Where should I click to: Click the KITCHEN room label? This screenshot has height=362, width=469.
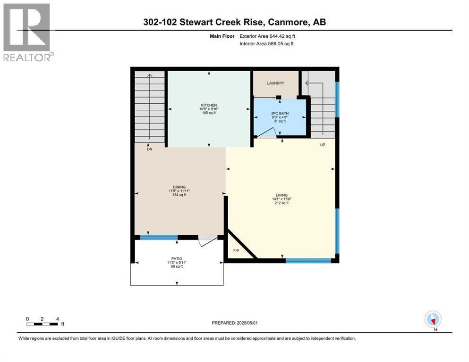pyautogui.click(x=209, y=105)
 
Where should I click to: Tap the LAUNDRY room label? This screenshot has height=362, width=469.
pyautogui.click(x=275, y=83)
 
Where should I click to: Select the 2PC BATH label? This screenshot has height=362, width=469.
pyautogui.click(x=280, y=114)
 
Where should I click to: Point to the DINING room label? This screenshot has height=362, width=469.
pyautogui.click(x=179, y=187)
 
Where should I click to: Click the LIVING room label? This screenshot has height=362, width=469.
pyautogui.click(x=281, y=195)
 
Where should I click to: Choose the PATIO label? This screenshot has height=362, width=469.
pyautogui.click(x=177, y=259)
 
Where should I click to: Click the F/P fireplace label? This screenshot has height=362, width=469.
pyautogui.click(x=236, y=251)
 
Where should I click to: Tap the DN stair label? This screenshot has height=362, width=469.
pyautogui.click(x=150, y=149)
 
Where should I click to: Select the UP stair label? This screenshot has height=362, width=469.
pyautogui.click(x=323, y=145)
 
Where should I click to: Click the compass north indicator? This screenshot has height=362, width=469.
pyautogui.click(x=433, y=320)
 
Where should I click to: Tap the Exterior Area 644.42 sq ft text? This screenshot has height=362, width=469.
pyautogui.click(x=267, y=36)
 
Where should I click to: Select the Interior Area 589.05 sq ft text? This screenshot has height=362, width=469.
pyautogui.click(x=266, y=43)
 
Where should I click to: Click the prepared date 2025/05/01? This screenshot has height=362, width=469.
pyautogui.click(x=247, y=323)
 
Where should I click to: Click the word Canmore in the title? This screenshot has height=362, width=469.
pyautogui.click(x=288, y=22)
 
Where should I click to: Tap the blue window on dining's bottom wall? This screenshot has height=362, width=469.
pyautogui.click(x=159, y=238)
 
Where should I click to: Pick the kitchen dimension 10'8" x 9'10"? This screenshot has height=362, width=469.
pyautogui.click(x=209, y=109)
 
